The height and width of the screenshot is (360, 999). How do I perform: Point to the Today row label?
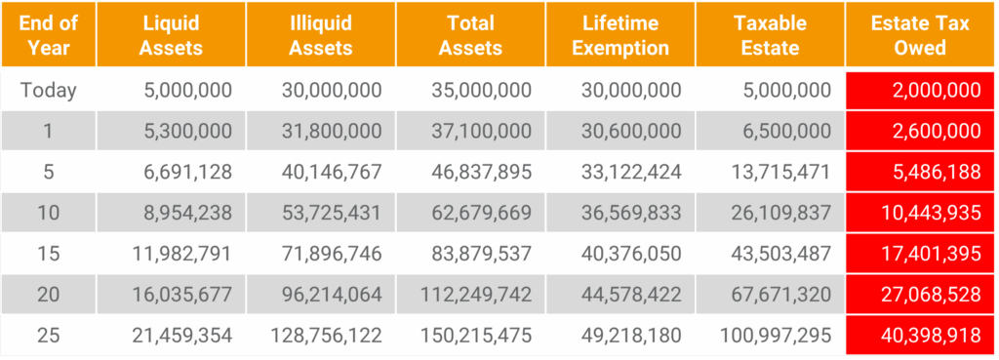click(49, 90)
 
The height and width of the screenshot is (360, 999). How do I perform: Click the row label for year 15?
click(49, 254)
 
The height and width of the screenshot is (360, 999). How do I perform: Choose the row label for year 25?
click(49, 336)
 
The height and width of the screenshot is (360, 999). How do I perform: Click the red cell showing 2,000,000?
click(920, 90)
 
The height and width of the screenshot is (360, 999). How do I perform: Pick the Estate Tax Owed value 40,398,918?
click(920, 336)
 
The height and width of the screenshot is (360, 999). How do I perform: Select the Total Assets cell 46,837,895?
click(481, 172)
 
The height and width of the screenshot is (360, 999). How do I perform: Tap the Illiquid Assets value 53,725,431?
click(332, 212)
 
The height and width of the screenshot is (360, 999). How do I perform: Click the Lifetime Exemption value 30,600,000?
click(631, 131)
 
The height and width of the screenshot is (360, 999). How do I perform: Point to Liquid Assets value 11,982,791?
click(182, 254)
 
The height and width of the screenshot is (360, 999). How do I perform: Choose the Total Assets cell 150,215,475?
click(476, 336)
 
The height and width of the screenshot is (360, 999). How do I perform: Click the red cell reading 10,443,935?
click(920, 212)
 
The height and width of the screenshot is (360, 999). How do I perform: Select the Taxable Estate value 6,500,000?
click(787, 131)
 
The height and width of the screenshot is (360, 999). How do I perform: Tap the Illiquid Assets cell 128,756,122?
click(326, 336)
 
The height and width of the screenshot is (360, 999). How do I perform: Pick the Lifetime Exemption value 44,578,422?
click(631, 295)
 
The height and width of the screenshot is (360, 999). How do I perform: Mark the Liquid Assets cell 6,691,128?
click(188, 172)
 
